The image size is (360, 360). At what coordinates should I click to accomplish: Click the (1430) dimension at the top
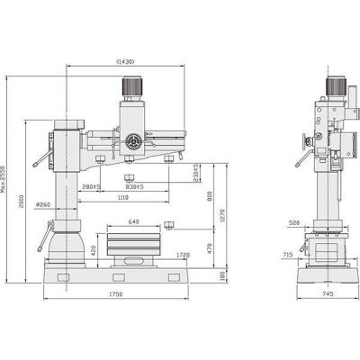[x=125, y=61]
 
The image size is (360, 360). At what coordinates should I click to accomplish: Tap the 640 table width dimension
[x=134, y=221]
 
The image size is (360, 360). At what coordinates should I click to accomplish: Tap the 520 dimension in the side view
[x=294, y=220]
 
